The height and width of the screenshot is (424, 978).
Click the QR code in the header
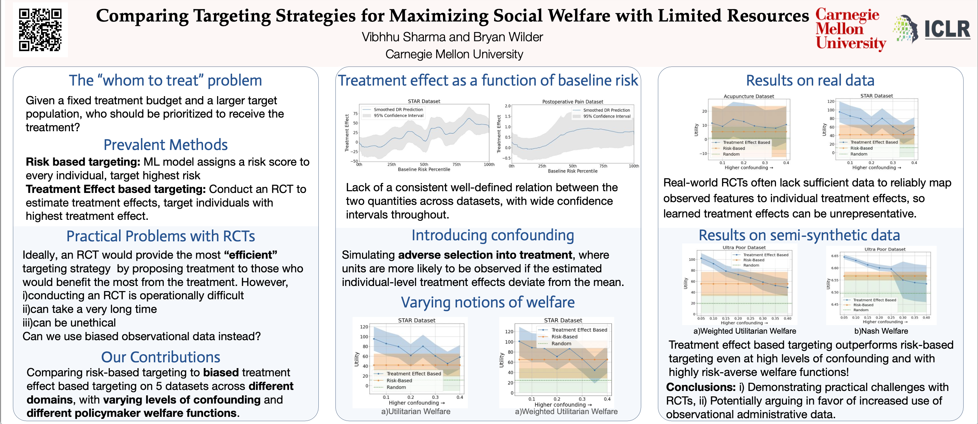pos(40,30)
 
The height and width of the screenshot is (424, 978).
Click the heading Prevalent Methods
pos(166,145)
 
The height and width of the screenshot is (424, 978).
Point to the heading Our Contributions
pos(161,357)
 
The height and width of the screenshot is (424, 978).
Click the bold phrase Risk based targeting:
pos(83,162)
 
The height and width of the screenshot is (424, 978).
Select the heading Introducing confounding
pos(492,236)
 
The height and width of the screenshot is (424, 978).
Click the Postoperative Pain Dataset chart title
pos(573,102)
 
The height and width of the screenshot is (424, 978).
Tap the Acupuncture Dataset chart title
pos(749,96)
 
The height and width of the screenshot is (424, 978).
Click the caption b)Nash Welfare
pos(881,331)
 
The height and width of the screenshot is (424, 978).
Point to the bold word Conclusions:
pos(701,387)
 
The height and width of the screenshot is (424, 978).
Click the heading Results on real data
pos(810,80)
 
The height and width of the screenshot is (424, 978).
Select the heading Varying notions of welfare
pos(488,303)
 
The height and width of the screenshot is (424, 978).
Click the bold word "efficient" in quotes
pos(250,255)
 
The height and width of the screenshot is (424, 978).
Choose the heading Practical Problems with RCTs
pos(161,236)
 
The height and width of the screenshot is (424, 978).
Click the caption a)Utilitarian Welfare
pos(416,411)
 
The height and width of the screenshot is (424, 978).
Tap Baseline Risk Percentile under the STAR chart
pos(424,169)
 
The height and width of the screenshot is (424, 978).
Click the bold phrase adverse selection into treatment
pos(485,255)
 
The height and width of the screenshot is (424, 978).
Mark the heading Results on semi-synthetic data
pos(799,236)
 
